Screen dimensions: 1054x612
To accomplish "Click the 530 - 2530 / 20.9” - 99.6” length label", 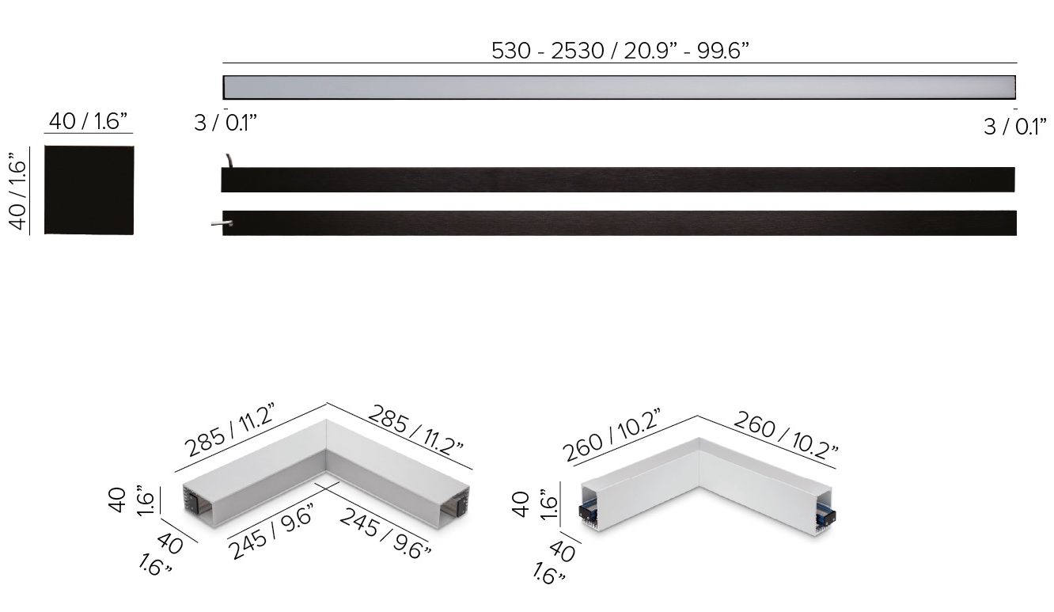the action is point(620,51).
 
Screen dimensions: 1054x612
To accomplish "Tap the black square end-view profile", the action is point(89,190).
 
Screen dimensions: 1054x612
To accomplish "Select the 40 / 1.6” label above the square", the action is point(88,121).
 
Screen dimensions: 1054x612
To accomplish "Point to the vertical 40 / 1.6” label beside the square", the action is point(17,191).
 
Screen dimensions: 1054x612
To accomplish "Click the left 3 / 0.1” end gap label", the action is point(226,124).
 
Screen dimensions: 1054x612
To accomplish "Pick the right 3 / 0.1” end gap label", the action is point(1015,127).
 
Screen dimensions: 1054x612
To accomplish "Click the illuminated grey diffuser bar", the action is point(620,87).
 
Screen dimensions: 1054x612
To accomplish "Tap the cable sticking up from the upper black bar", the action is point(229,161).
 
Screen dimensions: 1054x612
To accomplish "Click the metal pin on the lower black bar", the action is point(222,223).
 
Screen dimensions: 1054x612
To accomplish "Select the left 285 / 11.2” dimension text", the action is point(229,430).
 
